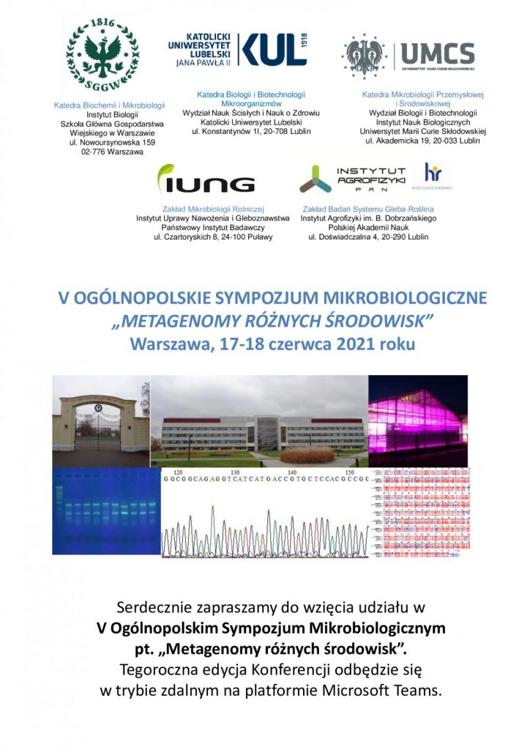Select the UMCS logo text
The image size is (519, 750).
tap(436, 53)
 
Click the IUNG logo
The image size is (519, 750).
tap(206, 181)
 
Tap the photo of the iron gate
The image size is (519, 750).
tap(100, 422)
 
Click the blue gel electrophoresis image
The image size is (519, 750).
tap(105, 510)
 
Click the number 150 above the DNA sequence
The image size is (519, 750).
tap(349, 472)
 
